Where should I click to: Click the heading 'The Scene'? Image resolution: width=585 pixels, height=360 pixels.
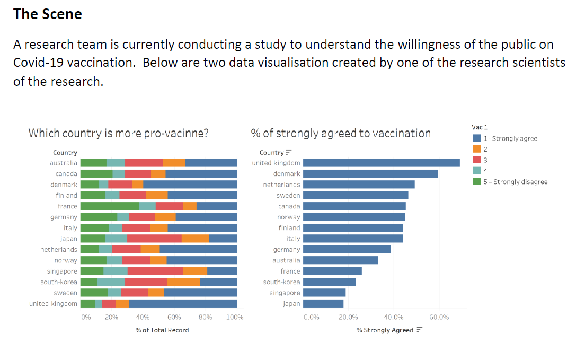[x=48, y=14]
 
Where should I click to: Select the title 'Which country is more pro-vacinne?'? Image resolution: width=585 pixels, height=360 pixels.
[x=118, y=133]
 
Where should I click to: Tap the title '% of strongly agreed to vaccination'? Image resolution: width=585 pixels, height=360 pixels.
[x=341, y=133]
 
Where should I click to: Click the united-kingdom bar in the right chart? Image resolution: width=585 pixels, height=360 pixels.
[x=382, y=163]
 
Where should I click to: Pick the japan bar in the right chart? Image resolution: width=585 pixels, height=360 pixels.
[x=323, y=304]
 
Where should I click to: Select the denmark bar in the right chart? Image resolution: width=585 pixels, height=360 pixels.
[x=370, y=173]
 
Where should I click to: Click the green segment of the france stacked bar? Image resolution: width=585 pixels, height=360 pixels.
[x=110, y=206]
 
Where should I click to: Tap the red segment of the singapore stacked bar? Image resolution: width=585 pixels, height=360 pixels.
[x=155, y=271]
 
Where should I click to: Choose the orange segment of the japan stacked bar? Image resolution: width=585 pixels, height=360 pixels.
[x=195, y=239]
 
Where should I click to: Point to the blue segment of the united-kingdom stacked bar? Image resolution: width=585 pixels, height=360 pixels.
[x=183, y=304]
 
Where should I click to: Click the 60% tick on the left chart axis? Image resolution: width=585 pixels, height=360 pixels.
[x=174, y=318]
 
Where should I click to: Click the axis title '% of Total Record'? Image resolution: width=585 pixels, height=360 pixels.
[x=162, y=330]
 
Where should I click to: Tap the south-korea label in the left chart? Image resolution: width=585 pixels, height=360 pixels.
[x=59, y=282]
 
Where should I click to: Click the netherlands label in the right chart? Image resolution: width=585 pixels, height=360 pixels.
[x=281, y=185]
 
